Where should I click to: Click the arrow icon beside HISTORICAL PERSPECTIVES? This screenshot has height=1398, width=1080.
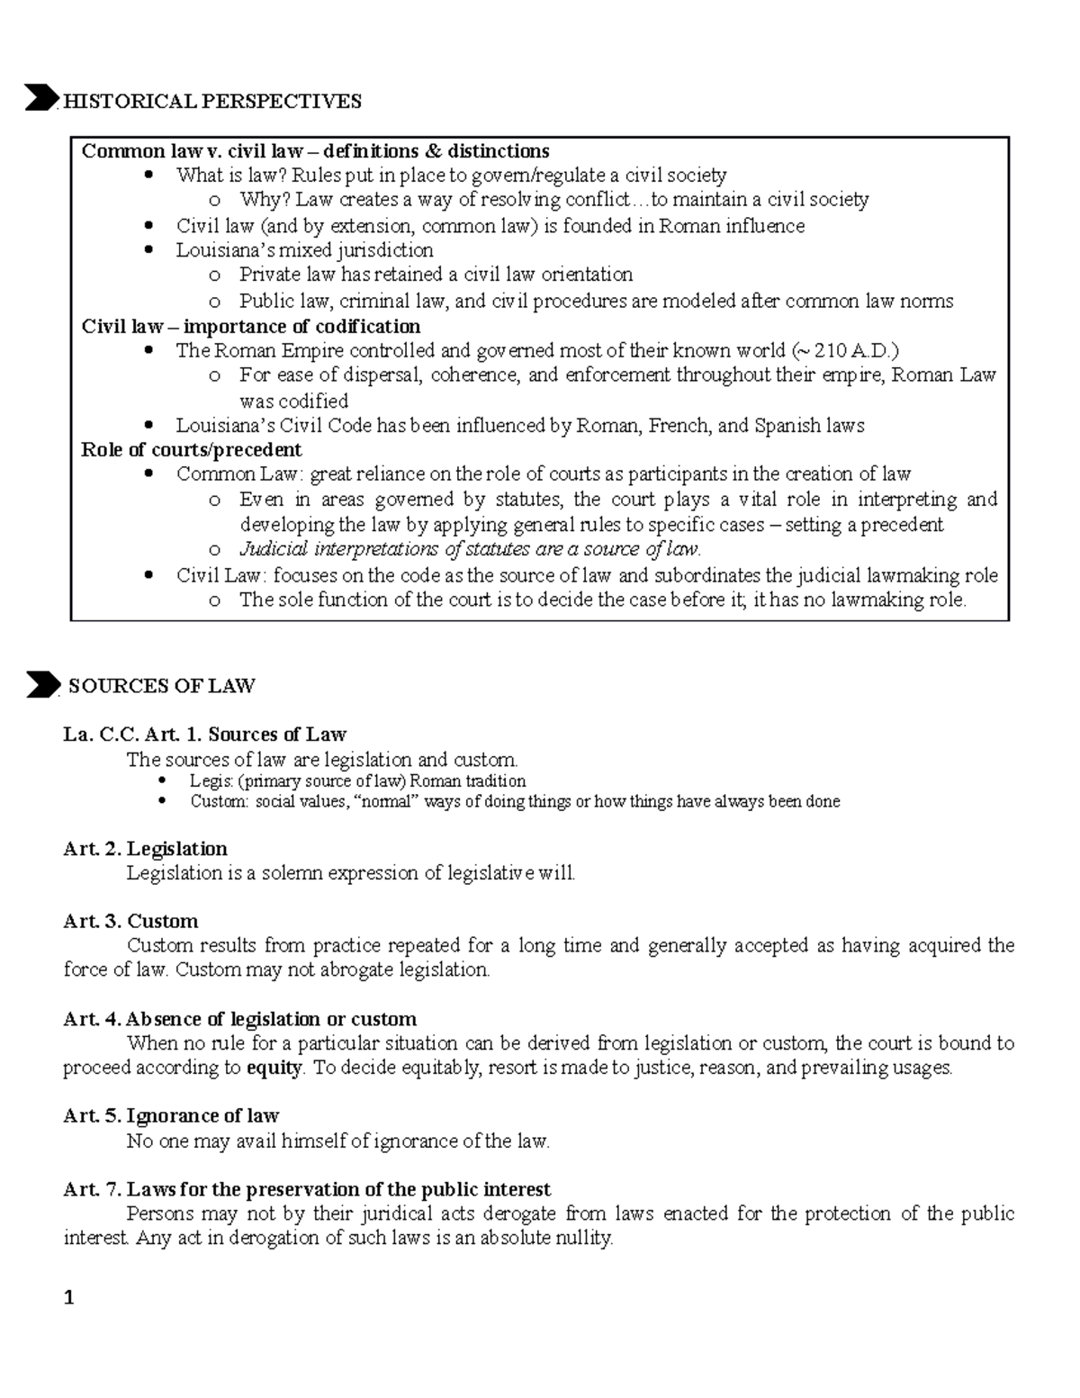tap(41, 98)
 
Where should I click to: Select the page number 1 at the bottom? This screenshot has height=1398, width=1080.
tap(68, 1298)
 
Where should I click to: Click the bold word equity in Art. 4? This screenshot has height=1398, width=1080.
tap(274, 1069)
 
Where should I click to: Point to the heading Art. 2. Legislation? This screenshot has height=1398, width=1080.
tap(145, 849)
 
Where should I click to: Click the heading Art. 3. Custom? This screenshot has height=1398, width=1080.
tap(130, 921)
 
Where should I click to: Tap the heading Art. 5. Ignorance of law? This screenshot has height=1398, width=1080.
tap(171, 1116)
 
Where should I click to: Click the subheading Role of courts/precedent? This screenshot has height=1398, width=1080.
tap(191, 449)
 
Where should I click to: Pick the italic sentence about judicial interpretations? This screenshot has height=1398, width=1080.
tap(469, 549)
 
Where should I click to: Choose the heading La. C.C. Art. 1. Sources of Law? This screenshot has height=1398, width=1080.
tap(204, 735)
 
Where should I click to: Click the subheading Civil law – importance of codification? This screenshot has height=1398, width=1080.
tap(250, 326)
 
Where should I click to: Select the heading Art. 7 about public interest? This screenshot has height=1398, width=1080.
tap(307, 1189)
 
